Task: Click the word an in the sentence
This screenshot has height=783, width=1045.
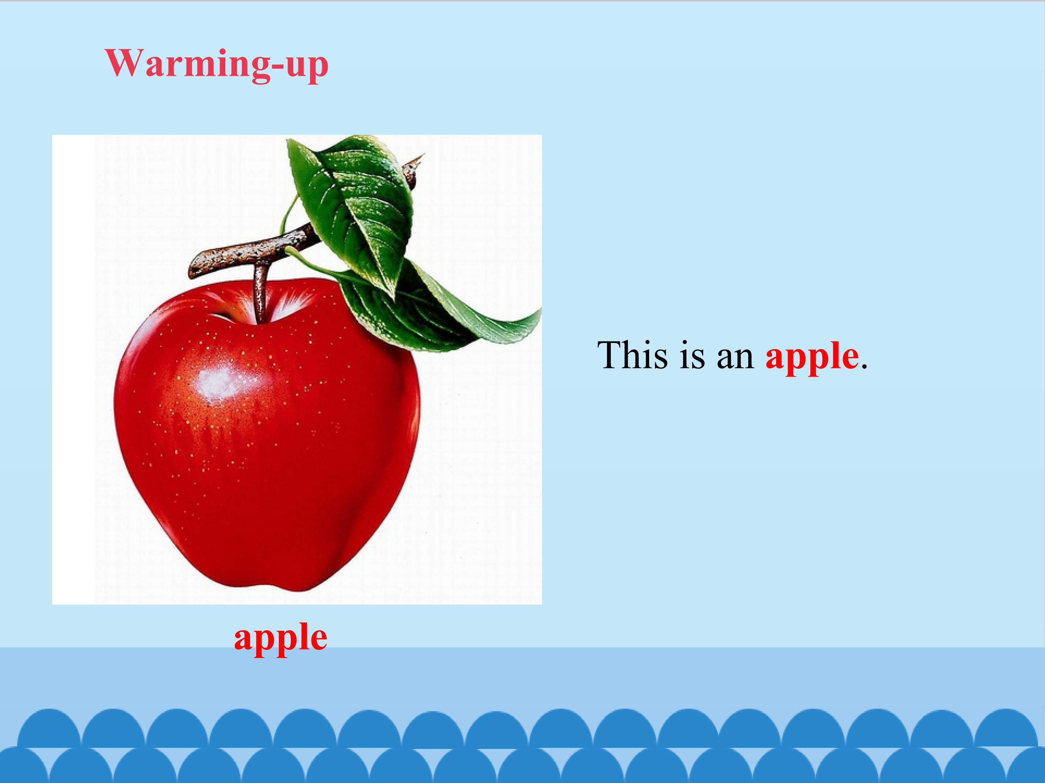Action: [x=735, y=358]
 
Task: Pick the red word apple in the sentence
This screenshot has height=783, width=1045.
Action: [x=812, y=358]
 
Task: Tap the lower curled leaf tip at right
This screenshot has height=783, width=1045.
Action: [x=529, y=321]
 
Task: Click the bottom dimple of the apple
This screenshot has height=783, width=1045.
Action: [x=279, y=588]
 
